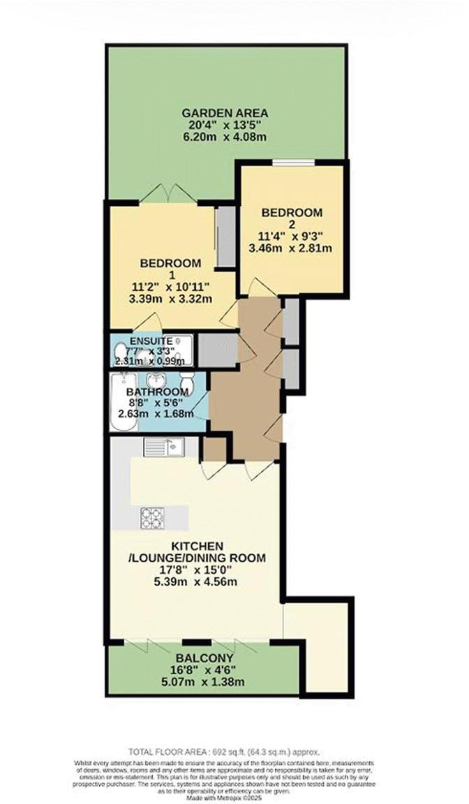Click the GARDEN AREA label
tap(225, 112)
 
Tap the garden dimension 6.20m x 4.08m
tap(225, 137)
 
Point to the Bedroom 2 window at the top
tap(292, 163)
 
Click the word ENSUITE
tap(151, 340)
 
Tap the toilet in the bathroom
tap(186, 382)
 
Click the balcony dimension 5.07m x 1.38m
tap(204, 683)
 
